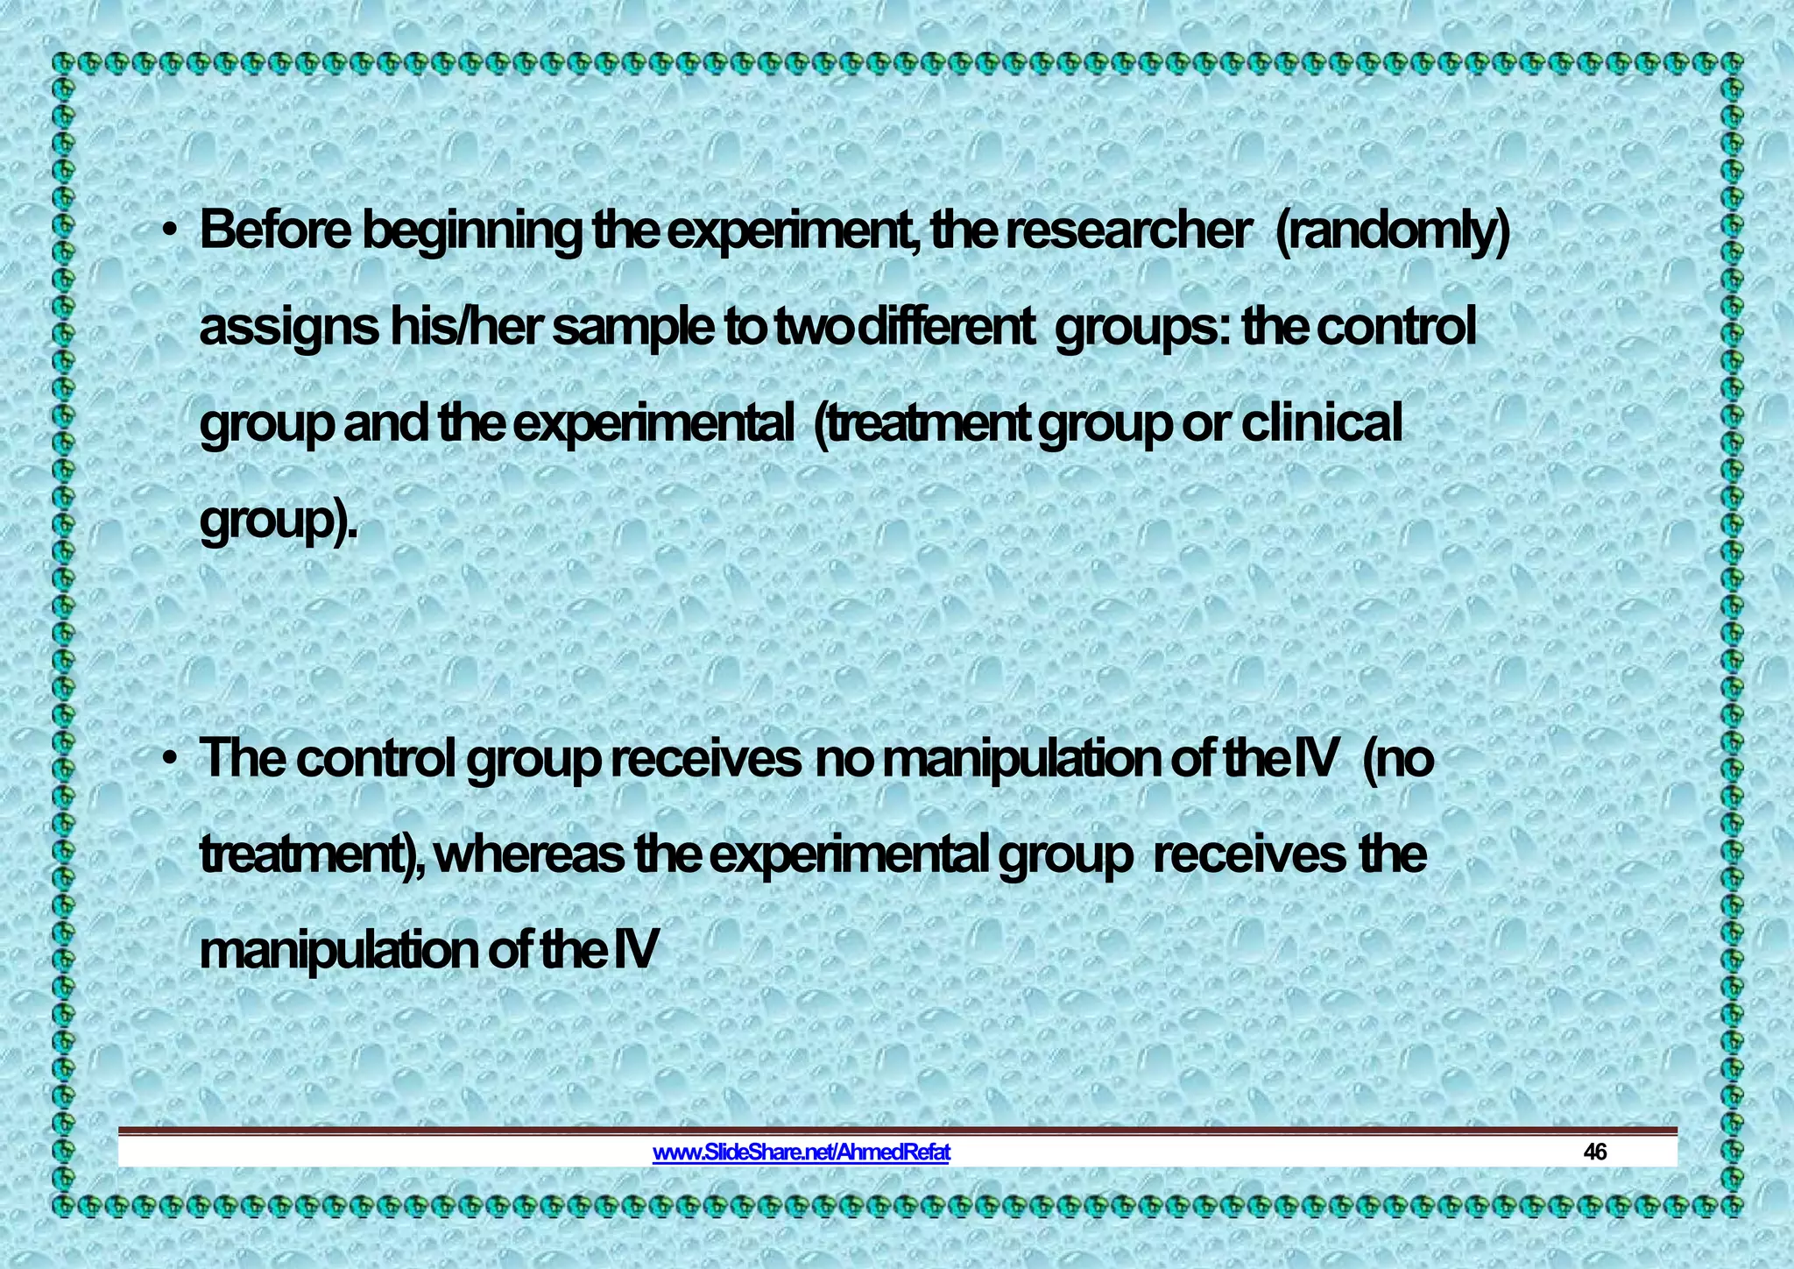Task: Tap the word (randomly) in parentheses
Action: (1393, 231)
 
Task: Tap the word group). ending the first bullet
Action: (279, 522)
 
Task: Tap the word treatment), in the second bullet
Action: (314, 854)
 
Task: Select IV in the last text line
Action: (634, 951)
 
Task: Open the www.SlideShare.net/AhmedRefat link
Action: (801, 1152)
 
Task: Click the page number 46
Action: (1594, 1152)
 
